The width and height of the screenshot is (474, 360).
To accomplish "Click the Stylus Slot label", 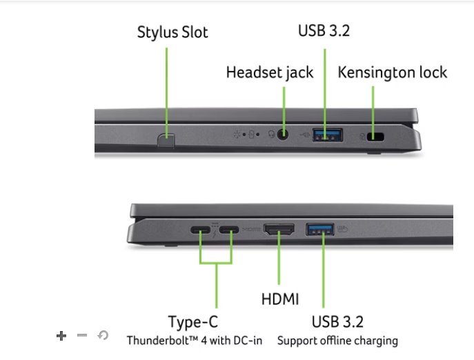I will [172, 32].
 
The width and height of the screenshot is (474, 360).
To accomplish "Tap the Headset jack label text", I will [270, 72].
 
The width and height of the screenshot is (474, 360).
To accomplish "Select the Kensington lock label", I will [392, 72].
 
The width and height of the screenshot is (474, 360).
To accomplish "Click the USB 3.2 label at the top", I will [324, 30].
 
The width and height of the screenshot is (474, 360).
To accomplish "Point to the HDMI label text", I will [280, 299].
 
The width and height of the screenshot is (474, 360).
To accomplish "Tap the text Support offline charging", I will [337, 341].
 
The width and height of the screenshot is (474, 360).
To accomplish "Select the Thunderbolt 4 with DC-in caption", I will [195, 341].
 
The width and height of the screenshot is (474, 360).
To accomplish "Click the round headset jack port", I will [283, 135].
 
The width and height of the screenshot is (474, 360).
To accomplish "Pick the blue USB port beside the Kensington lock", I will [328, 135].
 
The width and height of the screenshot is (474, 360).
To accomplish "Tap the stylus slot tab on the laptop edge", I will [166, 140].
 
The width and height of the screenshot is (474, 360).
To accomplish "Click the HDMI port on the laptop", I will [279, 230].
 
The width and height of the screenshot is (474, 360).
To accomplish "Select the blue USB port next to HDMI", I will [320, 229].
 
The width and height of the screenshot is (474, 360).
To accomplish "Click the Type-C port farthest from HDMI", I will [200, 230].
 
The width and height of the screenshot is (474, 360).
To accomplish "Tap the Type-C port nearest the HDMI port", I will [230, 230].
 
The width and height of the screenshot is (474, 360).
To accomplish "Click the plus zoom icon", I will [61, 336].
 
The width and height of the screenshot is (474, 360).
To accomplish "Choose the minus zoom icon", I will [82, 336].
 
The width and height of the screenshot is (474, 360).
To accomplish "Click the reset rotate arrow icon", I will [103, 336].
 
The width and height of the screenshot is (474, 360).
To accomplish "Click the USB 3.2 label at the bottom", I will [337, 321].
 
